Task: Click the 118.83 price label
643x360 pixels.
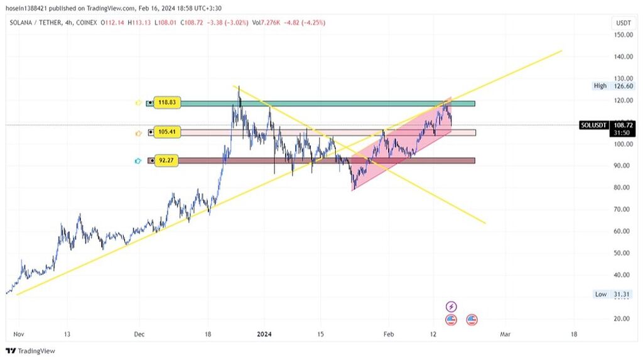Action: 166,102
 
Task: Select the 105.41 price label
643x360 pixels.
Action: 166,133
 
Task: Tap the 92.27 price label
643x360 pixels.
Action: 166,160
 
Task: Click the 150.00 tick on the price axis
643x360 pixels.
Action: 623,35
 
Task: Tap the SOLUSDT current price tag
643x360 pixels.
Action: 593,126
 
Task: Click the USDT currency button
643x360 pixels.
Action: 623,23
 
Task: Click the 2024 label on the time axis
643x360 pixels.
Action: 265,335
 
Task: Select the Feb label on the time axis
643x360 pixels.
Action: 389,335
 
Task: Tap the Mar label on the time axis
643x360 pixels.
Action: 504,335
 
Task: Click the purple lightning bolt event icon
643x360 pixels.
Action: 451,307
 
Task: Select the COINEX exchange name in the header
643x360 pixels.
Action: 88,23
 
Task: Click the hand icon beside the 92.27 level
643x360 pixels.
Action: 138,161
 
